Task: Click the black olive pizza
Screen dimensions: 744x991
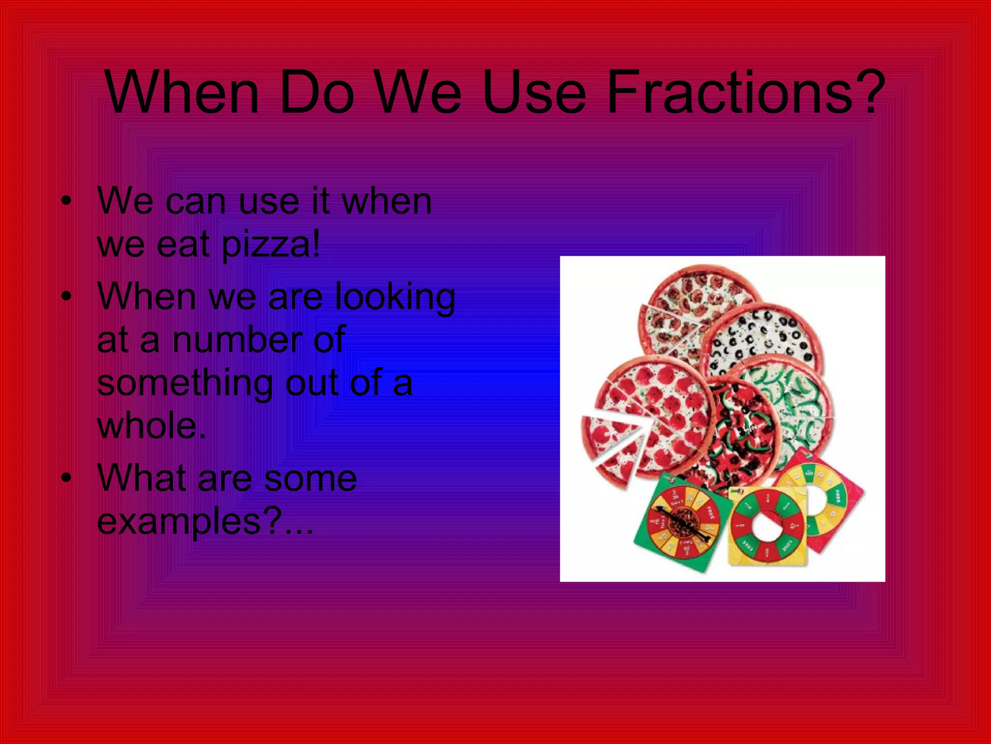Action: click(x=762, y=339)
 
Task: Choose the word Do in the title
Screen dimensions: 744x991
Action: click(x=317, y=92)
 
